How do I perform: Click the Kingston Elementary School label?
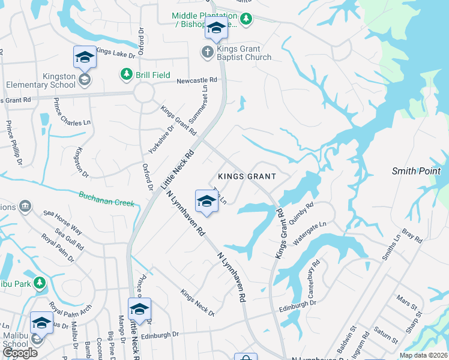click(x=42, y=81)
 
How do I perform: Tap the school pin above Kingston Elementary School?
click(x=85, y=57)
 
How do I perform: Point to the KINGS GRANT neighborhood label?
click(x=247, y=176)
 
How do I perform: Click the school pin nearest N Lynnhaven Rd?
click(x=206, y=201)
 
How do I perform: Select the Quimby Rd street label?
click(x=302, y=213)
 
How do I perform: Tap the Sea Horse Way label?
click(x=62, y=222)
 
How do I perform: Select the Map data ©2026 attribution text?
click(x=423, y=355)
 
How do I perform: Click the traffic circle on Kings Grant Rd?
click(x=144, y=93)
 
